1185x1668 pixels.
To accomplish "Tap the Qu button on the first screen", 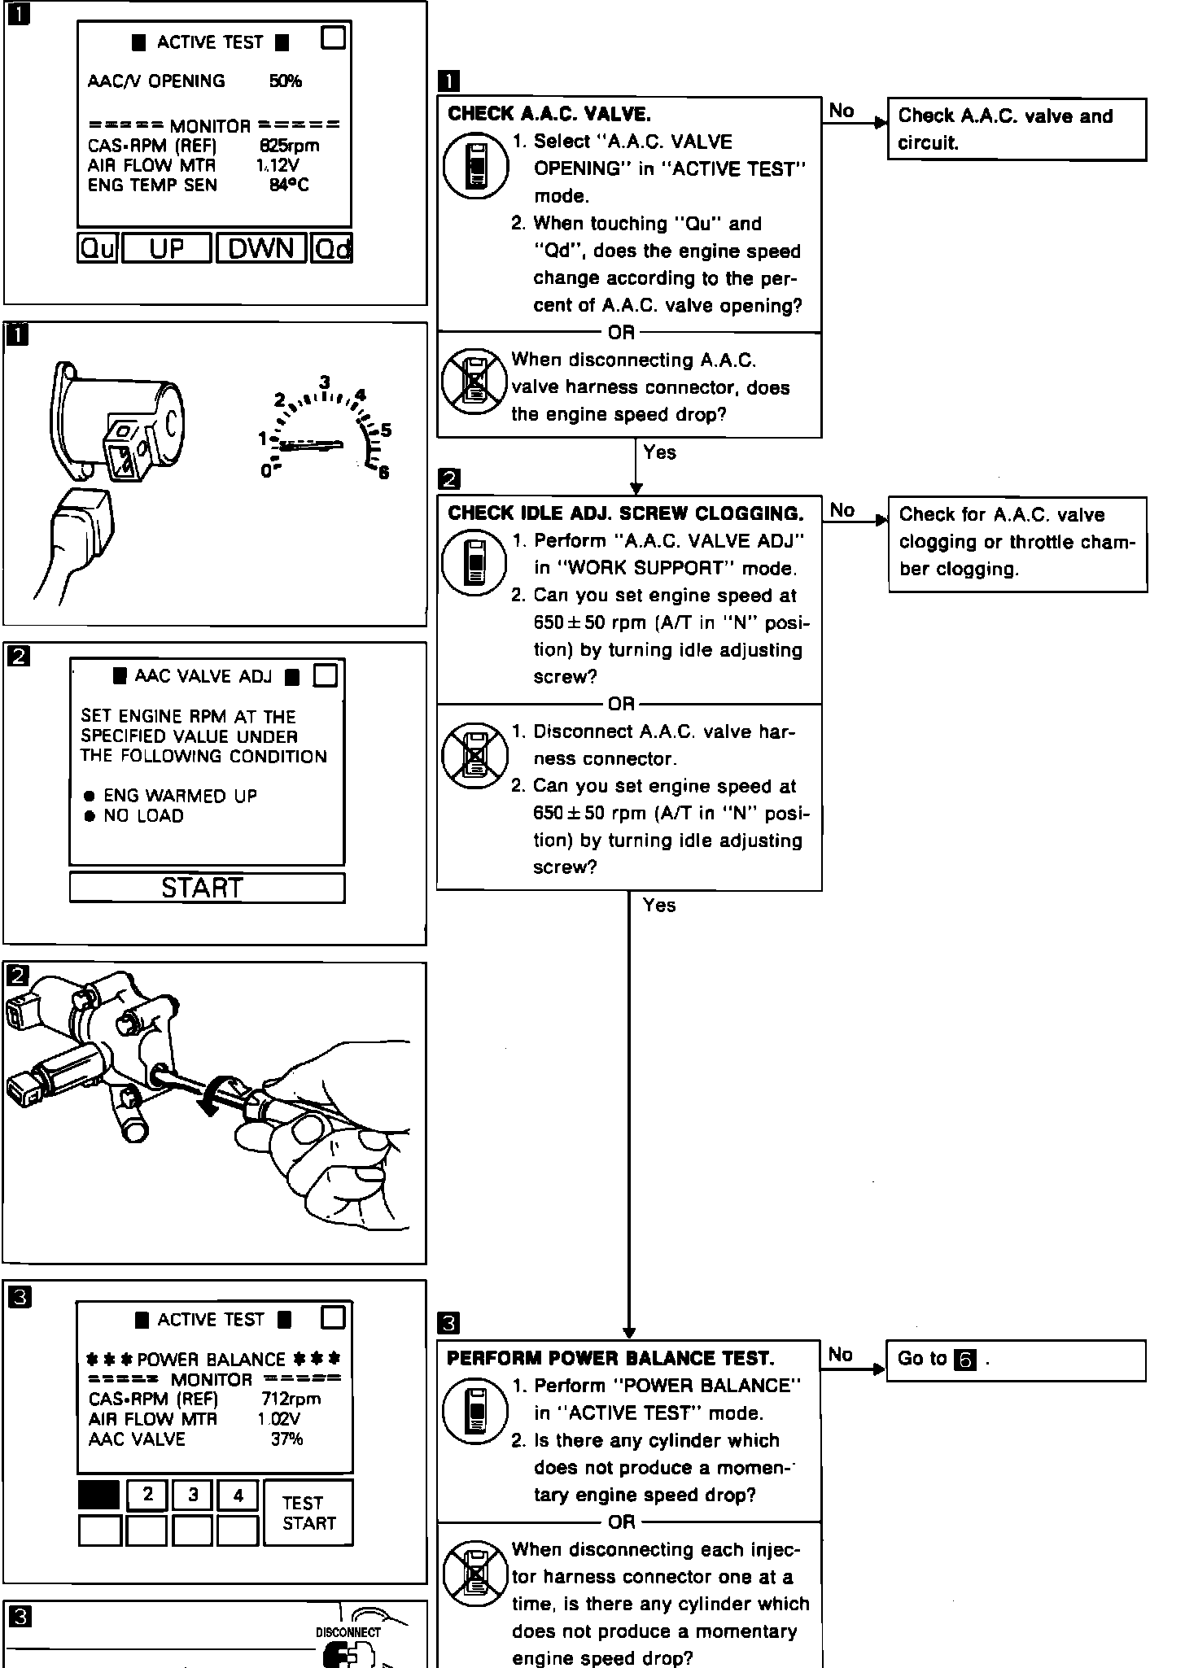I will tap(98, 248).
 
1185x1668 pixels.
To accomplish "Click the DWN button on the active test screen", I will tap(261, 248).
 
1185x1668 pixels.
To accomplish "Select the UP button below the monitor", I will tap(167, 248).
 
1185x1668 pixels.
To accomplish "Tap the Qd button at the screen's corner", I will tap(332, 248).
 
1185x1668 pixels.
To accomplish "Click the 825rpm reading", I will tap(289, 146).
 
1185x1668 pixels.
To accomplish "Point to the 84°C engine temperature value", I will tap(289, 186).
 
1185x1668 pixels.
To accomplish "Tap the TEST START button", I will tap(308, 1513).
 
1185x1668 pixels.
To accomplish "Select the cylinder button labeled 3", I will tap(193, 1495).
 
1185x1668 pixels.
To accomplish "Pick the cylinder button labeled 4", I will tap(238, 1495).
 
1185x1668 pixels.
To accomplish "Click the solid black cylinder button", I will tap(99, 1495).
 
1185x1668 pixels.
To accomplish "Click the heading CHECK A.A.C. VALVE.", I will tap(549, 114).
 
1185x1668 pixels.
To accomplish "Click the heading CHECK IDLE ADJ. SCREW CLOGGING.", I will tap(625, 513).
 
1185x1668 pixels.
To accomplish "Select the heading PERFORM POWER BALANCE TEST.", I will tap(610, 1358).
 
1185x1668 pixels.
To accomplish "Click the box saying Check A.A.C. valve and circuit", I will tap(1016, 129).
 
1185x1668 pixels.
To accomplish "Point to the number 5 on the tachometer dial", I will tap(387, 430).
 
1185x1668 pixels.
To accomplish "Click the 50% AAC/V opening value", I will tap(285, 81).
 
